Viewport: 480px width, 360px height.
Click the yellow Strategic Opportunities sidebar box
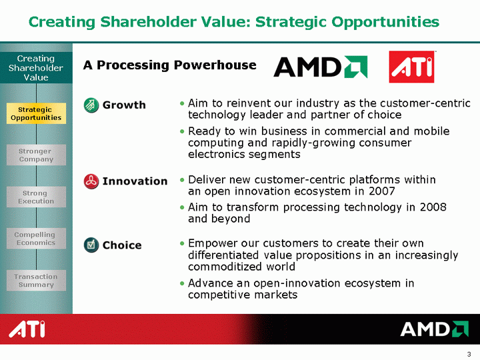click(36, 113)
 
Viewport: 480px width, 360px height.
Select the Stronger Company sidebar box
click(36, 155)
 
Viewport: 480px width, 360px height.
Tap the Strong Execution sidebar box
click(36, 197)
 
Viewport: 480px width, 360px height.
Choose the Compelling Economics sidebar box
click(36, 239)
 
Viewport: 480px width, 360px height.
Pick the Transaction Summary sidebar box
click(36, 281)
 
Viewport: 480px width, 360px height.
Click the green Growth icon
click(91, 105)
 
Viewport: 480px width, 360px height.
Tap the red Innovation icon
click(91, 181)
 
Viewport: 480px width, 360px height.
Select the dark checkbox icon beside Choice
click(91, 245)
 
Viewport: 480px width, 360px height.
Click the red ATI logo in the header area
click(412, 67)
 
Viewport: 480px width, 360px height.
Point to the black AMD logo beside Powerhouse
click(321, 67)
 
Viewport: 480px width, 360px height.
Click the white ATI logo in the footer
click(27, 329)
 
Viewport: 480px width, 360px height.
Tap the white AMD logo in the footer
click(435, 329)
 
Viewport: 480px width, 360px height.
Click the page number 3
click(469, 354)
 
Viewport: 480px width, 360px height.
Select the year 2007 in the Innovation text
click(382, 191)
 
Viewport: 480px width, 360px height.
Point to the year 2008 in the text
click(433, 207)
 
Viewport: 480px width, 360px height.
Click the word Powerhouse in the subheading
click(215, 65)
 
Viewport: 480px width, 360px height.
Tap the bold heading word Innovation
click(135, 181)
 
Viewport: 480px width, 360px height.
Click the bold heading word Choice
click(122, 245)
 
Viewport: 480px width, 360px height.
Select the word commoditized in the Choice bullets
click(223, 267)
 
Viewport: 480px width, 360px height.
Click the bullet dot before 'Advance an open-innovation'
click(182, 283)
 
